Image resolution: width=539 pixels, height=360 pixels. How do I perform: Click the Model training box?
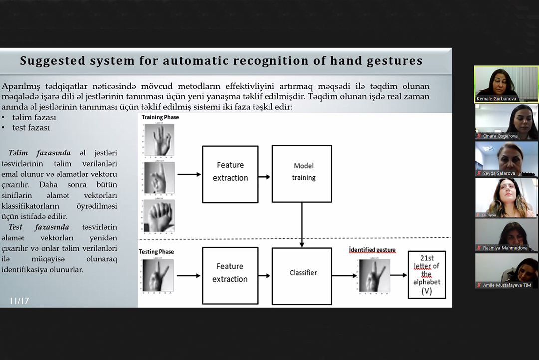tap(302, 173)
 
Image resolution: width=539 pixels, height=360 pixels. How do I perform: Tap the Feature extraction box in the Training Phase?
tap(230, 174)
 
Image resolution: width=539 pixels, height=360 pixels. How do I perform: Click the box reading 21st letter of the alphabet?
tap(426, 274)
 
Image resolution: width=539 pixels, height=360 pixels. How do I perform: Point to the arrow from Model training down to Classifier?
tap(302, 225)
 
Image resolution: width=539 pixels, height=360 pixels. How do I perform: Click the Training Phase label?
tap(160, 117)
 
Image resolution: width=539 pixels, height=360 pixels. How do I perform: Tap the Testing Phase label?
tap(156, 251)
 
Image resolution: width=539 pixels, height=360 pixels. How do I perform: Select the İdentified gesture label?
tap(372, 250)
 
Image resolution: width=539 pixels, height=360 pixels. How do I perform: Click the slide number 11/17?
tap(19, 301)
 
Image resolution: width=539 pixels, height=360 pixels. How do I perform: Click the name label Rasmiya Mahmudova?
tap(505, 248)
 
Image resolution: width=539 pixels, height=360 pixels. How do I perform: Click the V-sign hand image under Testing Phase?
tap(158, 275)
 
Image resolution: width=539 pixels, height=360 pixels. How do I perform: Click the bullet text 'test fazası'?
tap(31, 128)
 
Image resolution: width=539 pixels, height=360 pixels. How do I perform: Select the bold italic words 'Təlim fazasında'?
tap(39, 153)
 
